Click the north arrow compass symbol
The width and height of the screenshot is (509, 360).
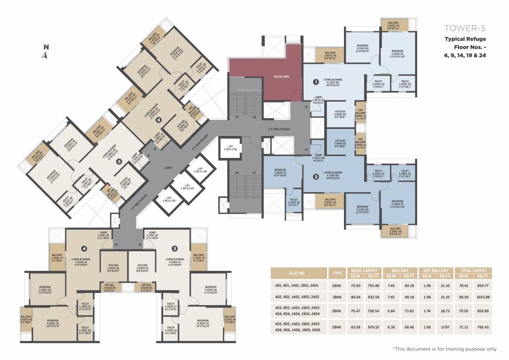[x=45, y=52]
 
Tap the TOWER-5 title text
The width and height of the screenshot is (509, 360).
[x=464, y=28]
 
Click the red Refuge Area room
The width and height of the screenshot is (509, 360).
[x=281, y=76]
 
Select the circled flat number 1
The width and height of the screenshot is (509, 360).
[x=316, y=82]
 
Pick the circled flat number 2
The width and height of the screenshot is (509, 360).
[x=316, y=177]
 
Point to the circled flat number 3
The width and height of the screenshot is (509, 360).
[x=174, y=248]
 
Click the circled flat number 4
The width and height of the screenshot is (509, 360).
[x=84, y=248]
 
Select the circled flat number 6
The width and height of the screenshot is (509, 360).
[x=159, y=120]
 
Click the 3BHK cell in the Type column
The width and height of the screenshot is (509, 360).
[x=336, y=297]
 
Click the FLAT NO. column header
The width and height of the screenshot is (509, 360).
[x=299, y=273]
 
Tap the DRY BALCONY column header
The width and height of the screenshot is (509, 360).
[x=438, y=270]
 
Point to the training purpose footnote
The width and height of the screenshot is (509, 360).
[x=444, y=349]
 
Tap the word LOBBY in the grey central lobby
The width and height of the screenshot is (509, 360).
[x=168, y=167]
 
